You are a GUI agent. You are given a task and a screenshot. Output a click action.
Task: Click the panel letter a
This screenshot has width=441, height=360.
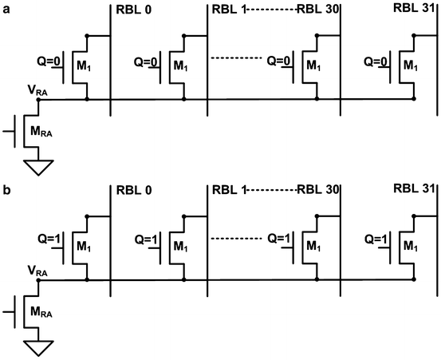[x=5, y=6]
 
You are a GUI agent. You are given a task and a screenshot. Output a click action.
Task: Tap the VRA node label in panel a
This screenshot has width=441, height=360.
[x=37, y=91]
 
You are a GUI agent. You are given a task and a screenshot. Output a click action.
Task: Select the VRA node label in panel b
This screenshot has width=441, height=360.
[x=37, y=271]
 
